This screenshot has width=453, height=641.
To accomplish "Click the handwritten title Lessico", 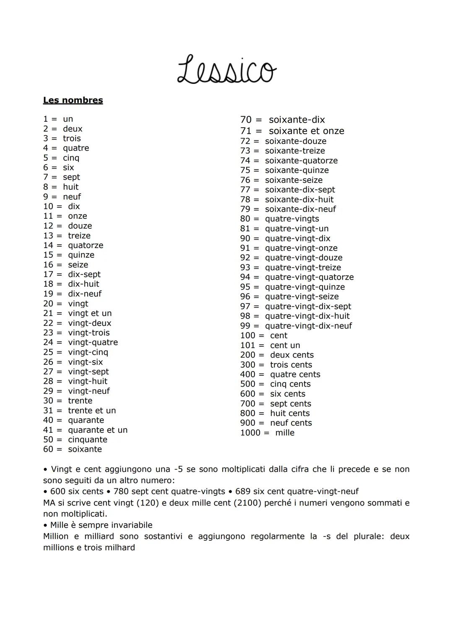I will [226, 69].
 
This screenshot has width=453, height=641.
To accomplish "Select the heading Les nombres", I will [73, 100].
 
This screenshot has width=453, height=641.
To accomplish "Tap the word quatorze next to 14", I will [86, 245].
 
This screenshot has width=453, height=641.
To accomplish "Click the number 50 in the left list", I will [48, 440].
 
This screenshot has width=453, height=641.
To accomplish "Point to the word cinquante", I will [88, 440].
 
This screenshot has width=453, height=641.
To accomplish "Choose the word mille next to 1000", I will [285, 432].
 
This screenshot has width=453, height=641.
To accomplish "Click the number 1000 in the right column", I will [250, 432].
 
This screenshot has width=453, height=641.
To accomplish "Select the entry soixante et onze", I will [306, 131].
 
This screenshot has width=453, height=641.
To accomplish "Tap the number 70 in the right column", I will [246, 120].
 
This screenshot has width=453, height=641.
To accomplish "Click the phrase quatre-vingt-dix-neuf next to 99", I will [308, 326].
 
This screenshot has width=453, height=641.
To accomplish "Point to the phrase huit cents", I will [290, 413].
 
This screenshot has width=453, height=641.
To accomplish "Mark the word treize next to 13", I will [79, 235].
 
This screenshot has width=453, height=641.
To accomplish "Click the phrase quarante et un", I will [98, 430].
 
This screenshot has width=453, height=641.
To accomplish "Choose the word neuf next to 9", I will [72, 196].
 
